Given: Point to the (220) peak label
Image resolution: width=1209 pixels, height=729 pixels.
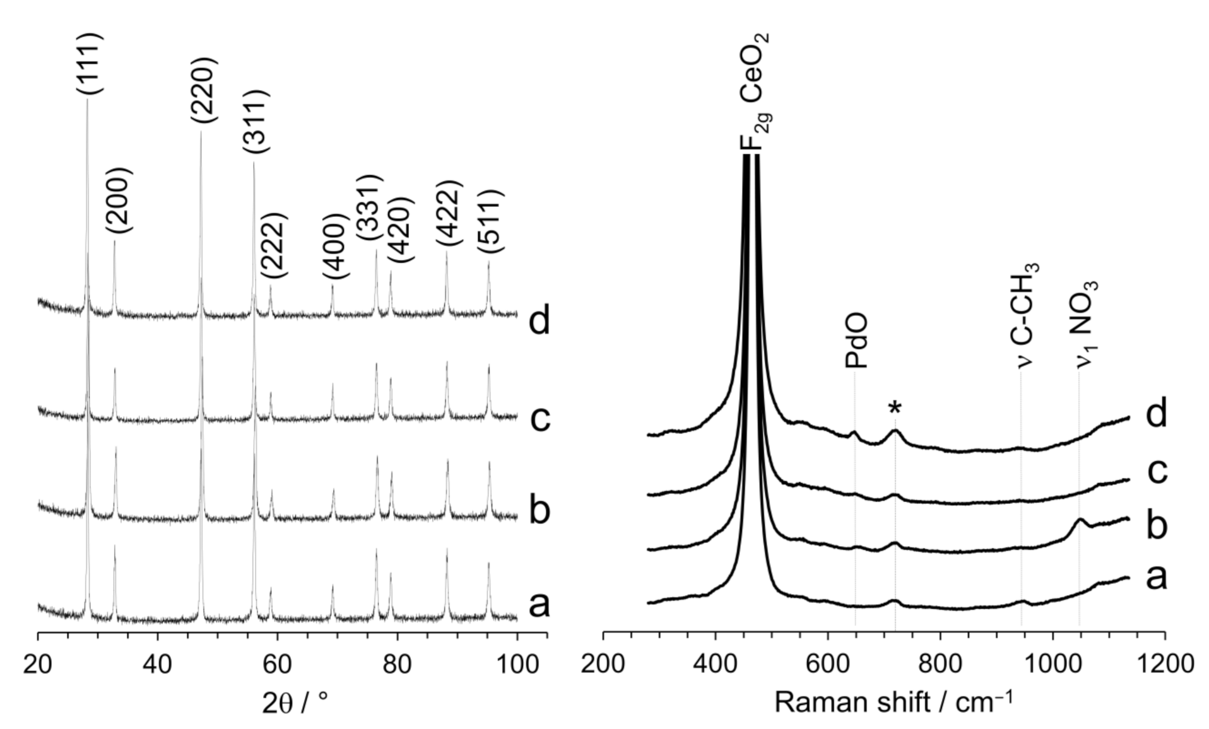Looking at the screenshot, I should (x=204, y=90).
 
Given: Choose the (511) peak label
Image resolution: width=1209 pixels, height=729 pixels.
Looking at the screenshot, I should (x=490, y=221).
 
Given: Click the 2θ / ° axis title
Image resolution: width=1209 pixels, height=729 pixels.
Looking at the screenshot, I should (x=295, y=702).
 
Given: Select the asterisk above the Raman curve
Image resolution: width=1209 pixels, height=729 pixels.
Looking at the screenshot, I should (x=895, y=409).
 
